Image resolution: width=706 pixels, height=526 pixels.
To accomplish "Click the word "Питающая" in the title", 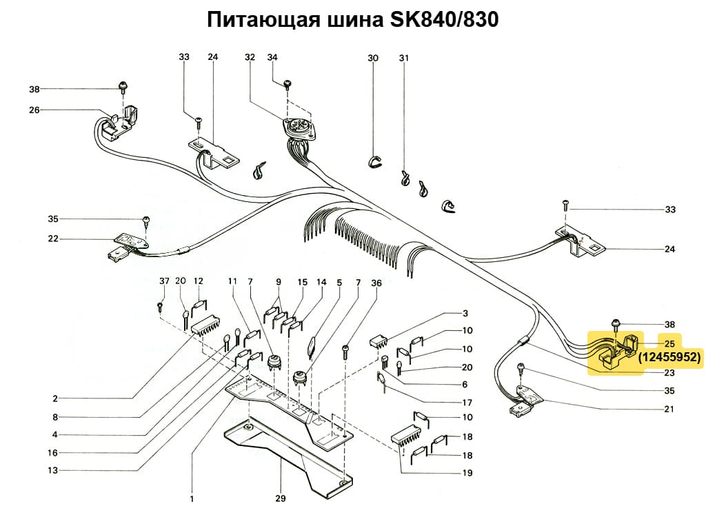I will coord(262,20).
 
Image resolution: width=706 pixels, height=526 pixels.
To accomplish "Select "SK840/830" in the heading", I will coord(444,20).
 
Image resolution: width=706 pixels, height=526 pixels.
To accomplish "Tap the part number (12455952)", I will coord(669,357).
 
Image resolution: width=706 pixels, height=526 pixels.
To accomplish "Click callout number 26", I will coord(34,110).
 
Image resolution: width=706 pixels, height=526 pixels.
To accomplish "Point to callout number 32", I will coord(250,58).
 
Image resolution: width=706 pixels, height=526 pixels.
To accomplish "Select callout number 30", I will coord(373,58).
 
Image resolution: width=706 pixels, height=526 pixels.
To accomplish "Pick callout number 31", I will coord(403,58).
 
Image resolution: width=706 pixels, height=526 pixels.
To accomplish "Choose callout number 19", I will coord(467,473).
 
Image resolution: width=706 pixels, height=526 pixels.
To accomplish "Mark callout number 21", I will coord(669,409).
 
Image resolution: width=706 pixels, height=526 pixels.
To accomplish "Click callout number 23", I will coord(669,373).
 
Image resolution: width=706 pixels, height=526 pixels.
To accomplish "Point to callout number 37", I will coord(163,281).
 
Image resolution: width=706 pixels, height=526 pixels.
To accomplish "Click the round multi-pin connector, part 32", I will coord(298,128).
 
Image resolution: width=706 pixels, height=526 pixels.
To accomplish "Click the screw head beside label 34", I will coord(288,83).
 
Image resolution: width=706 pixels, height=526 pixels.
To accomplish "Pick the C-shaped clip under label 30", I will coord(373,161).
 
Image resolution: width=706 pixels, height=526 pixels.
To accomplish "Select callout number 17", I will coord(467,403).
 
